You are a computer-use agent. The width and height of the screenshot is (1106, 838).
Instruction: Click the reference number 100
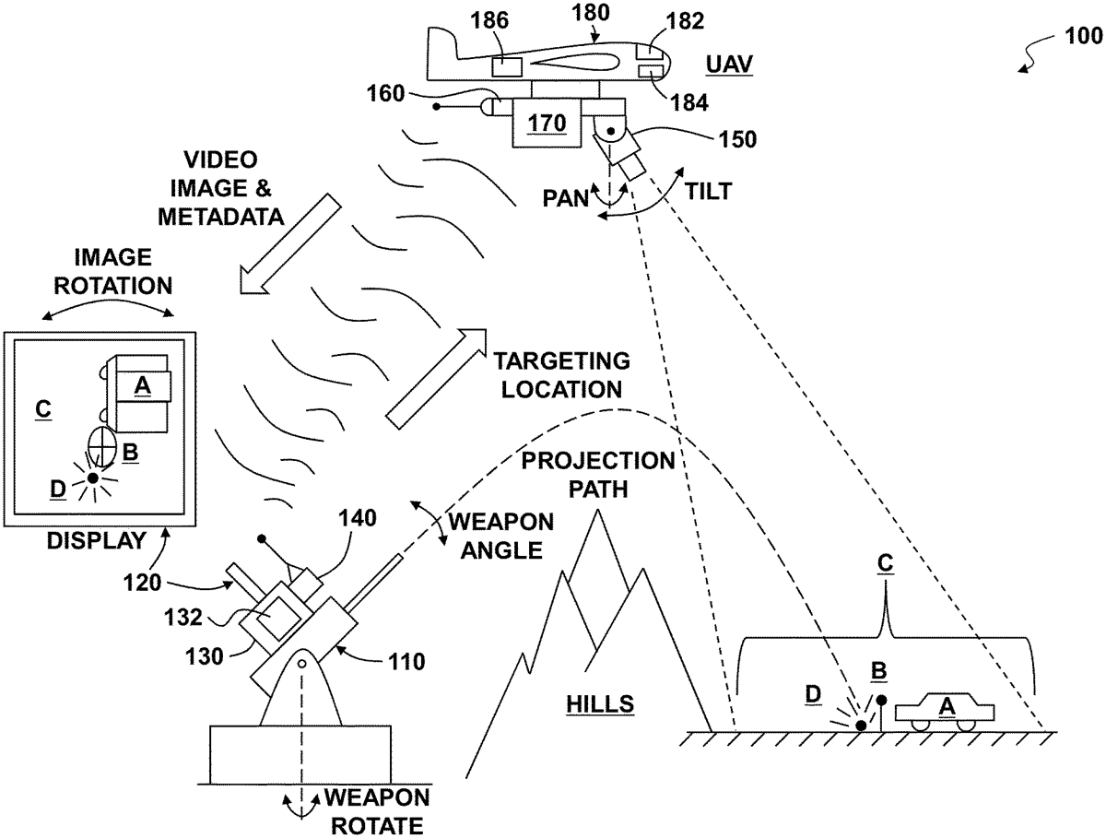tap(1081, 36)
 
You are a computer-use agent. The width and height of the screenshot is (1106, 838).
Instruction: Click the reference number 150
tap(737, 140)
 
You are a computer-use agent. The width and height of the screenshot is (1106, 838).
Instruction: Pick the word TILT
tap(711, 192)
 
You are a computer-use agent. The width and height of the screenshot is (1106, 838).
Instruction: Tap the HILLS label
tap(600, 705)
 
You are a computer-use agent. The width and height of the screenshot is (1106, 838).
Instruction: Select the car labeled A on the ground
tap(946, 711)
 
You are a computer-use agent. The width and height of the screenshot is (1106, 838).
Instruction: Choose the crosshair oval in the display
tap(102, 447)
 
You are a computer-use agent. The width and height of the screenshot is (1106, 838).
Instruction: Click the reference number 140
tap(359, 518)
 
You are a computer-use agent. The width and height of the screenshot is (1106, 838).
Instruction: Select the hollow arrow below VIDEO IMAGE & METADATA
tap(287, 243)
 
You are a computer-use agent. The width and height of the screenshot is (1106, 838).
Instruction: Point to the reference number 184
tap(690, 103)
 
